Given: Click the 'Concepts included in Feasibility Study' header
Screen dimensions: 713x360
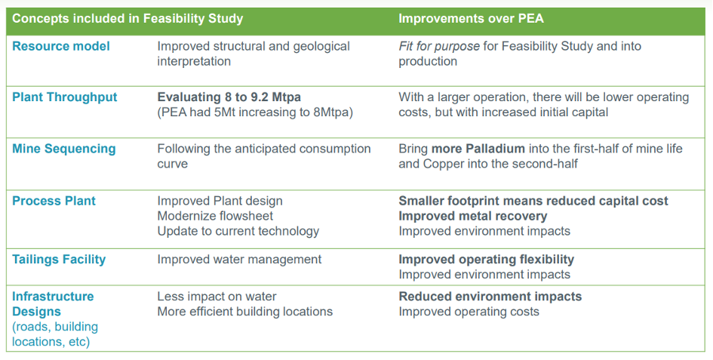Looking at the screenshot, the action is click(x=128, y=19).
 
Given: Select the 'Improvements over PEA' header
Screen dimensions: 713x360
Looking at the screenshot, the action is click(x=471, y=19).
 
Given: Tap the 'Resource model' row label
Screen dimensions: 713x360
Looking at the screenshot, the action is click(x=61, y=47).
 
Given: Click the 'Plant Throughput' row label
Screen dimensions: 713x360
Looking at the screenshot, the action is click(x=65, y=97).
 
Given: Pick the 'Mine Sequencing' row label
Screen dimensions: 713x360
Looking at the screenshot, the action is click(x=64, y=149).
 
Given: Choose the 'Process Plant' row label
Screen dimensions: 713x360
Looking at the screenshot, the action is click(x=54, y=202).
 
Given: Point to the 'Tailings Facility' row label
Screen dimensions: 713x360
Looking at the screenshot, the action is click(x=59, y=260).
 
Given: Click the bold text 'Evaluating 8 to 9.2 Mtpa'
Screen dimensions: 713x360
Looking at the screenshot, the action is click(x=229, y=97).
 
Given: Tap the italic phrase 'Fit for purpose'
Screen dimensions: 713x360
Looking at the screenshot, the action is click(x=439, y=47).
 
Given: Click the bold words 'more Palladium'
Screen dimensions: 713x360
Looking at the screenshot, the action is click(x=478, y=149).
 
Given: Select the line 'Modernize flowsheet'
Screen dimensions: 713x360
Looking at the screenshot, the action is click(x=216, y=216).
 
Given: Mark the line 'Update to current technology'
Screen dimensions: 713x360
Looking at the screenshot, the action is click(x=238, y=231).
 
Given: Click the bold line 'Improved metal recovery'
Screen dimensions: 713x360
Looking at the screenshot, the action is click(x=473, y=216).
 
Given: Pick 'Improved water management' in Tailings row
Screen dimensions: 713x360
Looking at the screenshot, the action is click(x=239, y=260).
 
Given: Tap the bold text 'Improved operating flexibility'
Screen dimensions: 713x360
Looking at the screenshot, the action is click(x=486, y=260).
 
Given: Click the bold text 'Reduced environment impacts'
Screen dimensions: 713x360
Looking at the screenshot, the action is click(x=490, y=297).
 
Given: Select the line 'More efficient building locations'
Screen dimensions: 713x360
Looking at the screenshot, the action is click(x=245, y=312).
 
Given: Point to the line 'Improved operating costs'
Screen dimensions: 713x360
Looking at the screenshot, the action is click(x=469, y=312).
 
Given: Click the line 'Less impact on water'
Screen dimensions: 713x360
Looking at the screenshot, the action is click(x=217, y=297).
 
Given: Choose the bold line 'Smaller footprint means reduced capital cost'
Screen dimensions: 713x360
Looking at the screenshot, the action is click(x=533, y=202).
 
